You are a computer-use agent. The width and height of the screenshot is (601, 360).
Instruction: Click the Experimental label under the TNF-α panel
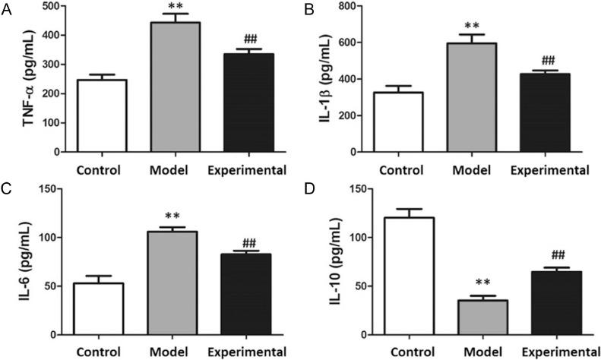tap(247, 169)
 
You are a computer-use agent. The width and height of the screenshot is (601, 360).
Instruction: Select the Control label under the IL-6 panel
tap(98, 351)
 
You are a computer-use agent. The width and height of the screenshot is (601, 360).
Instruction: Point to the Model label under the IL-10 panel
tap(476, 351)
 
